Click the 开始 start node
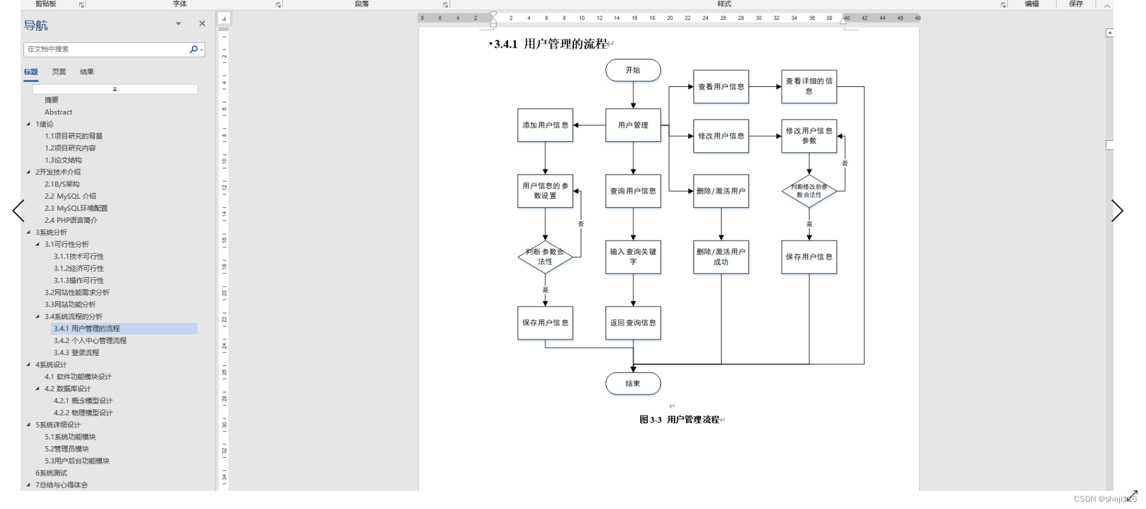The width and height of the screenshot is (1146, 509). (632, 70)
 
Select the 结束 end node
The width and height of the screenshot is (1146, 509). (632, 383)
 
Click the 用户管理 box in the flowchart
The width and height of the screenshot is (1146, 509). (632, 125)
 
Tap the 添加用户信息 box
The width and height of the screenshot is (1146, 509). (545, 125)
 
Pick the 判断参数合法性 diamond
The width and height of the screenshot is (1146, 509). (545, 257)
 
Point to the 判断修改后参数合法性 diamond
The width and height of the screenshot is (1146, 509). (809, 191)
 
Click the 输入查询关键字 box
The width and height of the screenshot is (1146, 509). (632, 257)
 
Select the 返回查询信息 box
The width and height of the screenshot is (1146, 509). (632, 323)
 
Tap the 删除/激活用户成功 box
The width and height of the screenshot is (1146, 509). (721, 257)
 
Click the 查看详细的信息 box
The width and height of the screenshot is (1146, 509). (809, 86)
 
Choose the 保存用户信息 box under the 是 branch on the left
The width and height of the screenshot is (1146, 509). (545, 323)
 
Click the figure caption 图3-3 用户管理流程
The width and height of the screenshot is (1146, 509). (680, 420)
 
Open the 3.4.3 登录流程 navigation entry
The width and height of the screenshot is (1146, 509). (77, 353)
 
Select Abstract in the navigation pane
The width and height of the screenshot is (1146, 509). (59, 112)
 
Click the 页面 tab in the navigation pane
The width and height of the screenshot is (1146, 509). (59, 72)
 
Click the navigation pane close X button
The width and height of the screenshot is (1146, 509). (202, 24)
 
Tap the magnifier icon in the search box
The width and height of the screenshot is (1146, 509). (194, 50)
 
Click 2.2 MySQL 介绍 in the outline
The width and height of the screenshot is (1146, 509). (70, 196)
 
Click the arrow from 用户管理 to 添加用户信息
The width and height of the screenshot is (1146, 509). (589, 125)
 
